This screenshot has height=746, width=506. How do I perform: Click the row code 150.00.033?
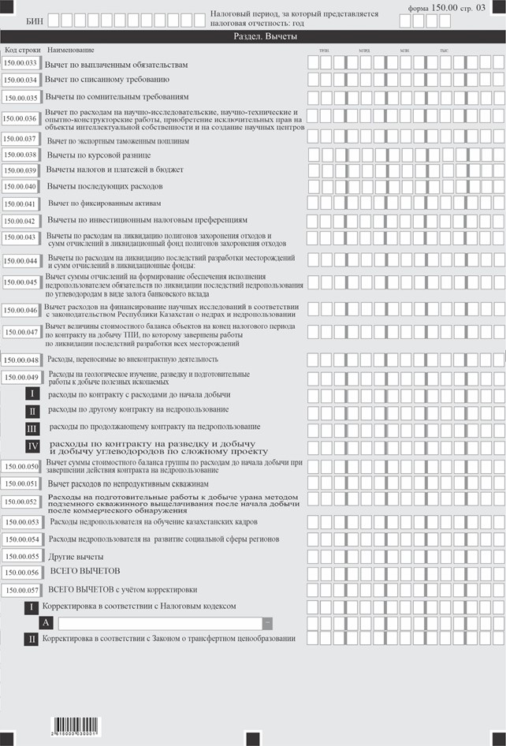pos(21,63)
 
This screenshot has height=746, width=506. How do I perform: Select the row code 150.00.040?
pos(21,187)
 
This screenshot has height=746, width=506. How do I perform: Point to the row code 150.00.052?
pos(21,502)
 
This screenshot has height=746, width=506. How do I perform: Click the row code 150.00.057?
pos(21,590)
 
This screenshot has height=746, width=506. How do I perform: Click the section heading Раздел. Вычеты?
pos(253,37)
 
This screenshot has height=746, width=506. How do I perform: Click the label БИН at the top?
pos(35,17)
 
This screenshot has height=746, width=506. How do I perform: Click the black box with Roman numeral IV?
pos(32,446)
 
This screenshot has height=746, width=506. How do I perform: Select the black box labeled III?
pos(32,428)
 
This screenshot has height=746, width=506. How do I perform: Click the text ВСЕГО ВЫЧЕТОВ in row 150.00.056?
pos(84,571)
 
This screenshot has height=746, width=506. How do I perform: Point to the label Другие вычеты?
pos(75,556)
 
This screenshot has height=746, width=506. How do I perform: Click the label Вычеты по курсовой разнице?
pos(99,155)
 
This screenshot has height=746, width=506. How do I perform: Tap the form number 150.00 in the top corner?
pos(444,7)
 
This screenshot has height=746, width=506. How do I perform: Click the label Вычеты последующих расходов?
pos(105,186)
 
